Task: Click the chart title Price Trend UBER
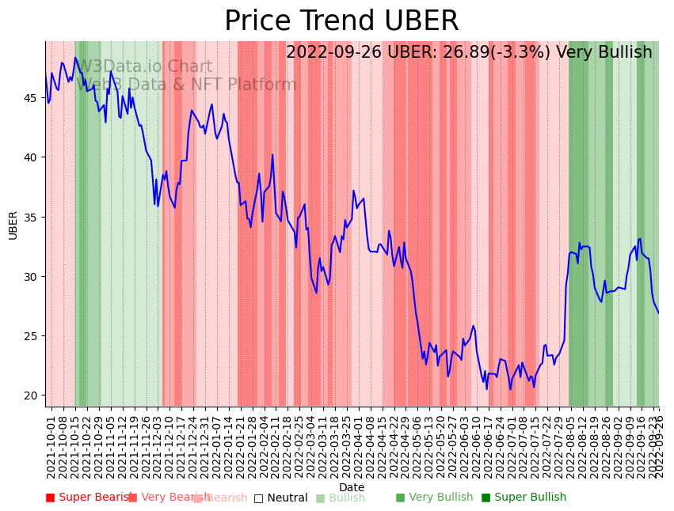pos(341,21)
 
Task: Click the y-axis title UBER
pos(13,225)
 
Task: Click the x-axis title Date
pos(352,487)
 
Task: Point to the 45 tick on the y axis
pos(32,98)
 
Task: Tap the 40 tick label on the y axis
pos(32,157)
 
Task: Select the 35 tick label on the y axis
pos(32,217)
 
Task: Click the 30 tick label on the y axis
pos(32,277)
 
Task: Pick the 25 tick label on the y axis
pos(32,336)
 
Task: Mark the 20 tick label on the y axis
pos(32,396)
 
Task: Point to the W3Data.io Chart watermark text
pos(143,67)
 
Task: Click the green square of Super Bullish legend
pos(486,498)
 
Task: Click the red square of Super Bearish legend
pos(51,498)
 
